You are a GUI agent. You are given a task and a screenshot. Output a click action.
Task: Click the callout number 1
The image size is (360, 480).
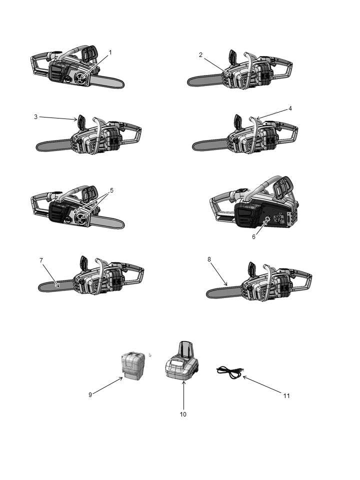(x=110, y=52)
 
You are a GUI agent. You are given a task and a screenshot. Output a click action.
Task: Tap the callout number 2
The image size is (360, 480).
(x=200, y=55)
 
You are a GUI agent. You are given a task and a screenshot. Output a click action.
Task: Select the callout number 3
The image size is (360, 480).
(x=36, y=116)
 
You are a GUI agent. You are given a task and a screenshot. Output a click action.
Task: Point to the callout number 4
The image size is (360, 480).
(x=290, y=108)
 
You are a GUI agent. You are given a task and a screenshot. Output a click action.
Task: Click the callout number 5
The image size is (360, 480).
(x=111, y=190)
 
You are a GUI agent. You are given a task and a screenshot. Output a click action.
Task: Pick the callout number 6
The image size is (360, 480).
(x=253, y=237)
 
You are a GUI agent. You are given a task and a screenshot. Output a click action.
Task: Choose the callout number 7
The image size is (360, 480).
(x=41, y=260)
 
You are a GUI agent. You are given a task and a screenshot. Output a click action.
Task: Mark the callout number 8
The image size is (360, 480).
(x=209, y=259)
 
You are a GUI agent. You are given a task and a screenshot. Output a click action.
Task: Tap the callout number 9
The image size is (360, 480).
(x=90, y=395)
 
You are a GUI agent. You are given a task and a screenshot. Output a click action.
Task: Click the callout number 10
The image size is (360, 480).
(x=183, y=414)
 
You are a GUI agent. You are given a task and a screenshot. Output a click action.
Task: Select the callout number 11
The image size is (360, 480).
(x=286, y=396)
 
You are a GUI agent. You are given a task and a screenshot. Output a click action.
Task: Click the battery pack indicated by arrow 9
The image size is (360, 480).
(x=133, y=366)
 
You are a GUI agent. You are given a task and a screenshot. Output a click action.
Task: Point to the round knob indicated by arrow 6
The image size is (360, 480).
(x=266, y=219)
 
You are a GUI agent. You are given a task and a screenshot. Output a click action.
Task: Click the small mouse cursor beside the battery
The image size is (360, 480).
(x=150, y=355)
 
